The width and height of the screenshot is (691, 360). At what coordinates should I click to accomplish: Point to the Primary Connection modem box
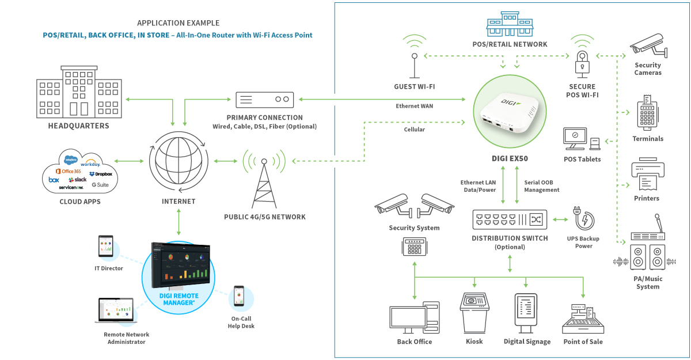click(x=265, y=100)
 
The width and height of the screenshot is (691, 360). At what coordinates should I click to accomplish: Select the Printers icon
click(x=648, y=175)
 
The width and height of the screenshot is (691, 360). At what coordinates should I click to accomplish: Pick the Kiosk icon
click(x=474, y=311)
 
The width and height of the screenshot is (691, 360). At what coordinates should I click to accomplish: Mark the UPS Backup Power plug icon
click(x=583, y=220)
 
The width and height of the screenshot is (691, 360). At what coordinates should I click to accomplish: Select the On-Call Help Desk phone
click(x=239, y=298)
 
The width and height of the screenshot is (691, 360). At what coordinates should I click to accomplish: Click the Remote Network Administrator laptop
click(x=115, y=310)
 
